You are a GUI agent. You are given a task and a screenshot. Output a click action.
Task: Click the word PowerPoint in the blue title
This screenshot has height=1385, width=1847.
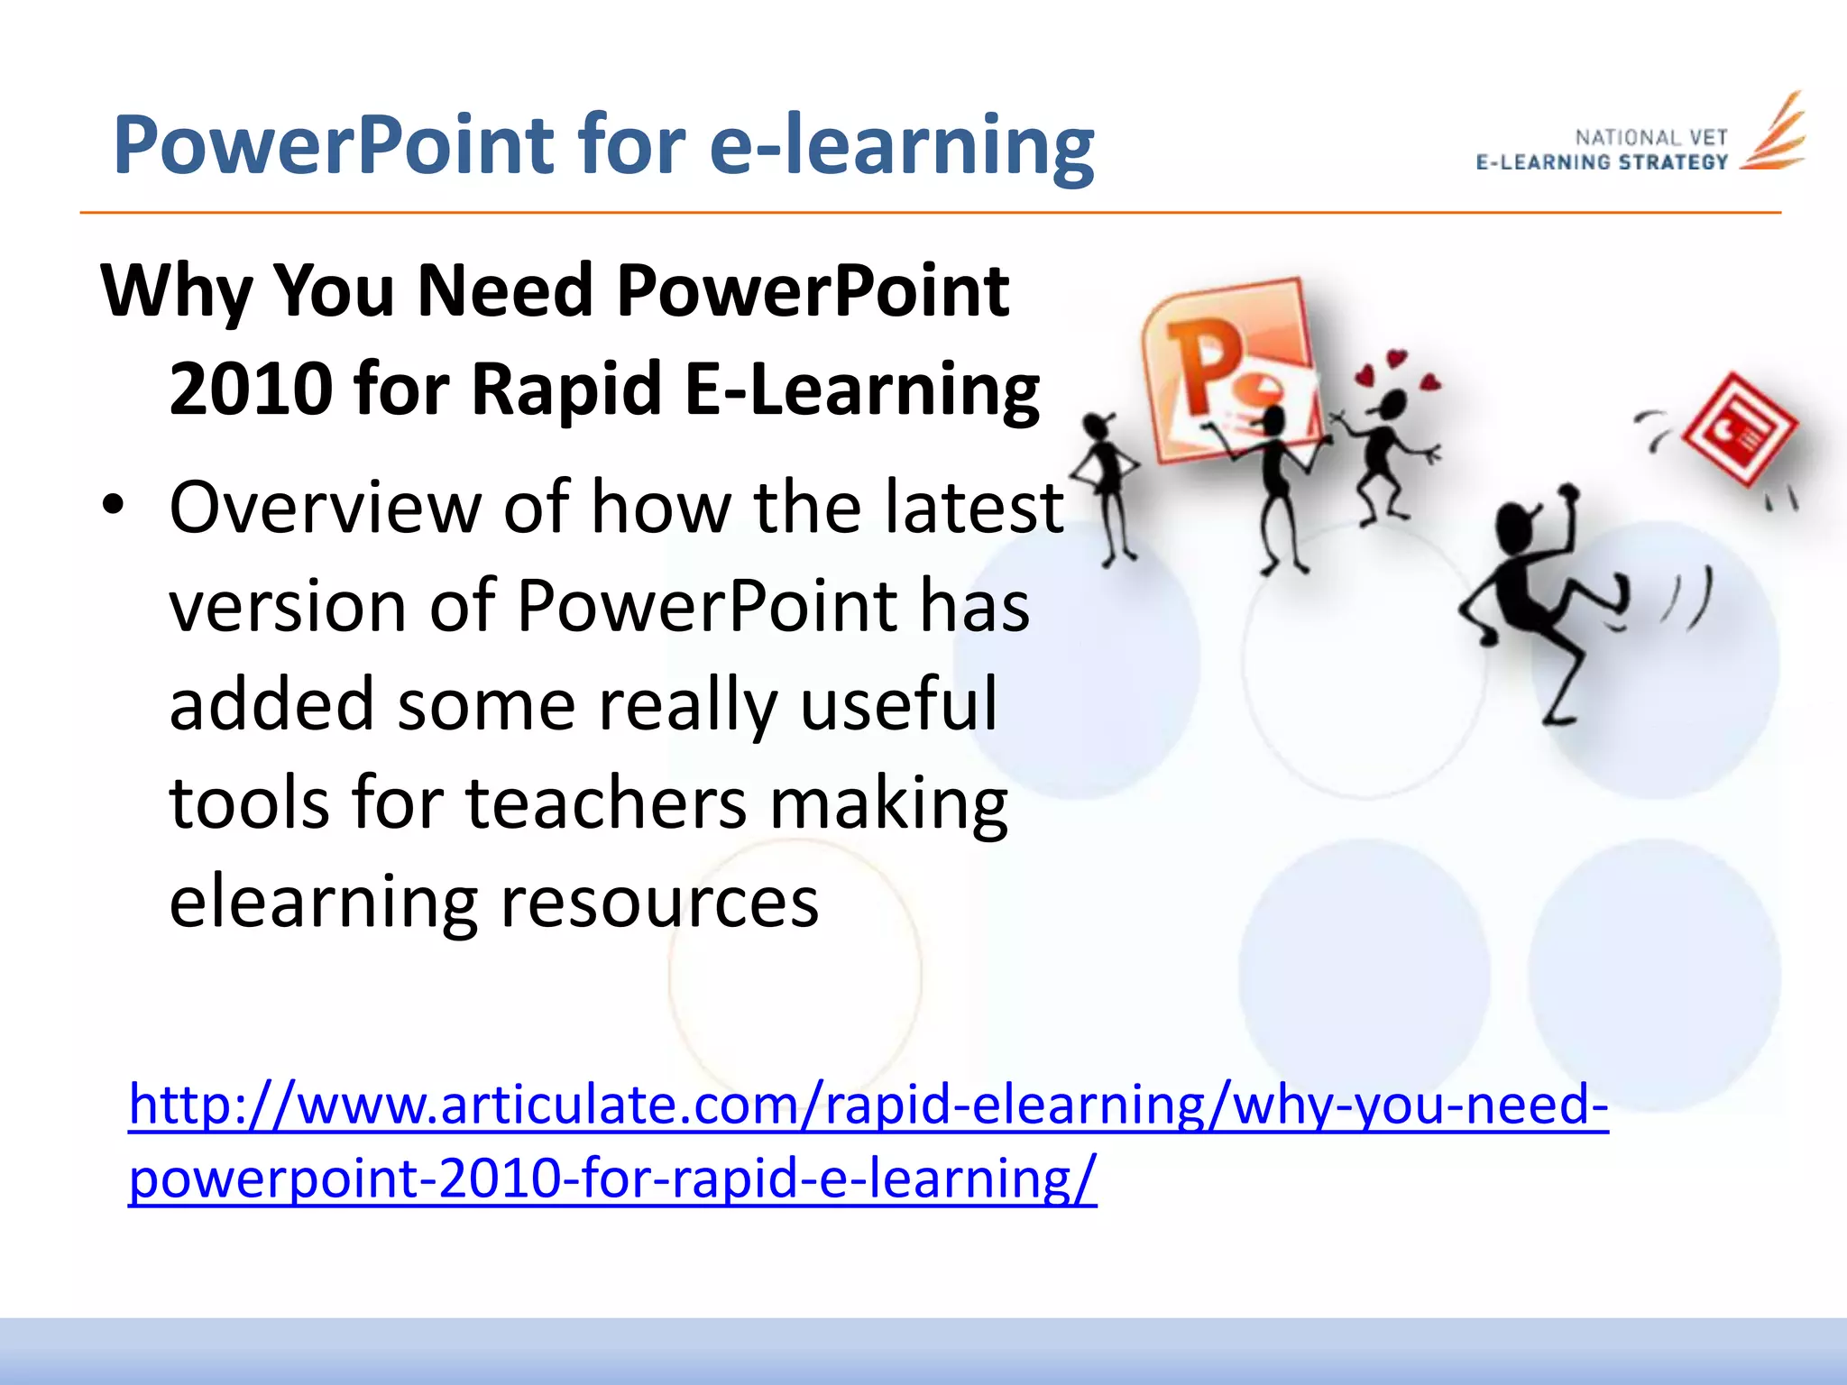tap(334, 146)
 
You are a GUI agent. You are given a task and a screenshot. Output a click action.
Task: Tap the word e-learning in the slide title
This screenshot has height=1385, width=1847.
tap(902, 146)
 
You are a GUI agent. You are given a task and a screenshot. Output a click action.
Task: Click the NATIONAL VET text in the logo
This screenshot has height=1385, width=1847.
tap(1650, 138)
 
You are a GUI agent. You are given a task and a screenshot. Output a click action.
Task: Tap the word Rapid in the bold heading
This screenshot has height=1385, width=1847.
tap(567, 390)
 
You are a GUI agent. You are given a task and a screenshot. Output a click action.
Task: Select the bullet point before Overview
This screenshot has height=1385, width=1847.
tap(112, 507)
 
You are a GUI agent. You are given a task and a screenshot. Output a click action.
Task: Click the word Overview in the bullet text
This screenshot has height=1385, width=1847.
tap(326, 508)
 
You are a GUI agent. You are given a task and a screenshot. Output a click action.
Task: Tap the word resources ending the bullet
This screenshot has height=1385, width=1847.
tap(659, 902)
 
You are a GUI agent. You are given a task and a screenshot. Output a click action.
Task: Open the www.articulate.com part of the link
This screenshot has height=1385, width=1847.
tap(541, 1105)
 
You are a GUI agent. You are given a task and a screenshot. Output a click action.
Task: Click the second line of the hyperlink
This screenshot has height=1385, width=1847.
tap(612, 1179)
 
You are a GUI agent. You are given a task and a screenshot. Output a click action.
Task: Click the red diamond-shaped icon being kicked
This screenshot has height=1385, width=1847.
tap(1739, 428)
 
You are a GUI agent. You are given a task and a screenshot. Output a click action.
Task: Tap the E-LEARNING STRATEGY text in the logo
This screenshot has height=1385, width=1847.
tap(1602, 163)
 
